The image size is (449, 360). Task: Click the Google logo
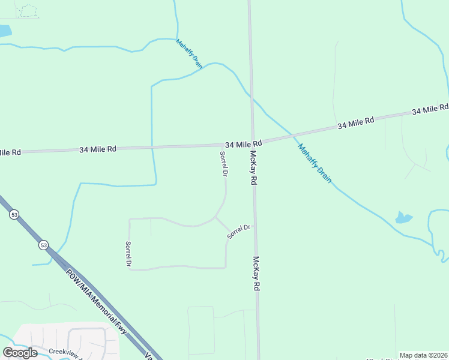[x=20, y=352]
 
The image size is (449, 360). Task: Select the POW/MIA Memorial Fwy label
[x=102, y=299]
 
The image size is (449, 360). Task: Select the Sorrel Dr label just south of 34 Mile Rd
[x=223, y=163]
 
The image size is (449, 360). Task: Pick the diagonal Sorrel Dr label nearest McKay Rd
[x=238, y=231]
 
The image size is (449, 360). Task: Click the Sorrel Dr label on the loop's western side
[x=128, y=254]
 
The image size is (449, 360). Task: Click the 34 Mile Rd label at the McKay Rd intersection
[x=244, y=145]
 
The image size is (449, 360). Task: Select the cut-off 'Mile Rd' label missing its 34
[x=10, y=152]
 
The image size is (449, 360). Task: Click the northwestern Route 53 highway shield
[x=14, y=214]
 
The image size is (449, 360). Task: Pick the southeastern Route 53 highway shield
[x=43, y=245]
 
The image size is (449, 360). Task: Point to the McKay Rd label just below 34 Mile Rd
[x=253, y=167]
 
